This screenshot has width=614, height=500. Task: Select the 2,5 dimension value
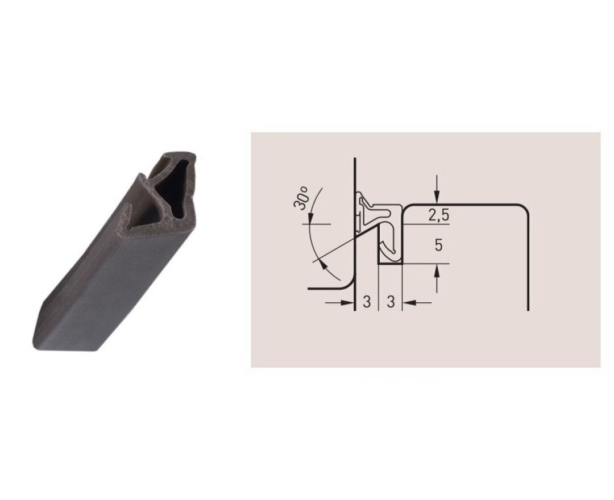438,215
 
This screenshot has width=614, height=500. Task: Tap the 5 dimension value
438,245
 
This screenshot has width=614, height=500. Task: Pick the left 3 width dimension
367,302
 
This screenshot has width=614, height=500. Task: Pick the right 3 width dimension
391,302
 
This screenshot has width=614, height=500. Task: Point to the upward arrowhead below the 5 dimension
437,270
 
